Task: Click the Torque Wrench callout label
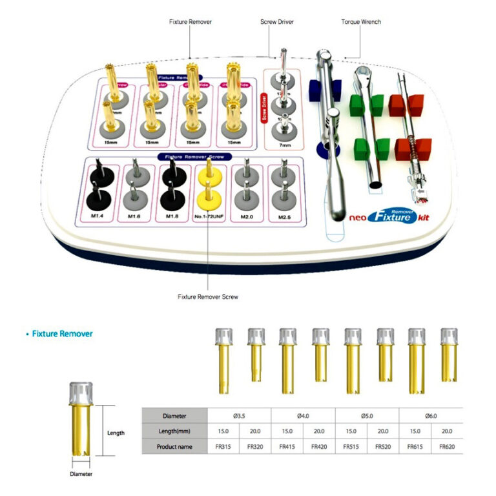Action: (x=361, y=22)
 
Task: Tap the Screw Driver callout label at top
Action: (x=277, y=22)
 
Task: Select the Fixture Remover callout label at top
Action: (x=191, y=22)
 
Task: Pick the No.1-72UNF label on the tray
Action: (x=209, y=216)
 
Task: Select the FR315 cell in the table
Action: (x=223, y=446)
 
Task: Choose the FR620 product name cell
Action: (x=447, y=446)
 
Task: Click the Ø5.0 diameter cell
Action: (x=367, y=416)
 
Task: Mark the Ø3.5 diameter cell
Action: (x=239, y=416)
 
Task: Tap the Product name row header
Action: (x=174, y=446)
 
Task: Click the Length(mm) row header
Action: (x=174, y=431)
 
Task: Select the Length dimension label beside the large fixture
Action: (x=116, y=433)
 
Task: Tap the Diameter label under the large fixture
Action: (x=81, y=474)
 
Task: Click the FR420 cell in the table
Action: (x=320, y=446)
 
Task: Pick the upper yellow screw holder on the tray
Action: (x=209, y=170)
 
